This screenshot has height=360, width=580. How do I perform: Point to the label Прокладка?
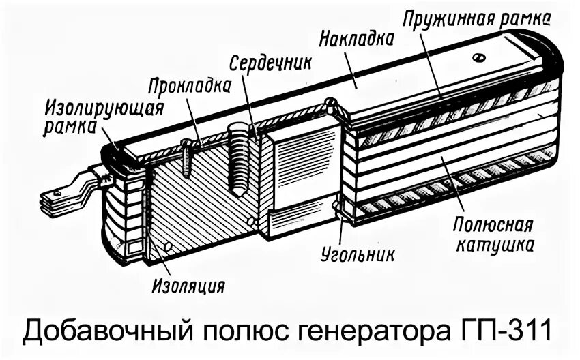click(x=188, y=87)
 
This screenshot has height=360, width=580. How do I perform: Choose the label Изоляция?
click(x=188, y=283)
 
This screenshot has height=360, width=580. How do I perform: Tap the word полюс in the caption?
click(x=250, y=333)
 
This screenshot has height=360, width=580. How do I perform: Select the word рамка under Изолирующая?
click(x=67, y=127)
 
